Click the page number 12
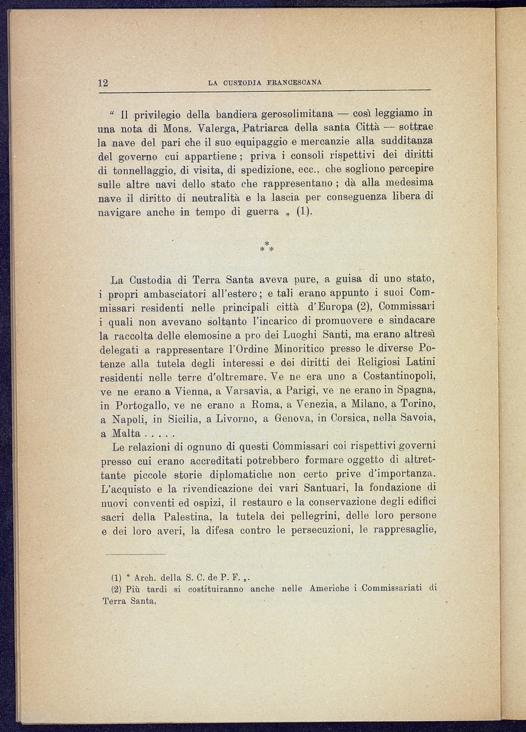pos(103,82)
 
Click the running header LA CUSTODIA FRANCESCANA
pos(265,82)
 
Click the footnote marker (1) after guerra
pos(304,212)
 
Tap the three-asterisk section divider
pos(266,247)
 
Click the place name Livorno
pos(234,420)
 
